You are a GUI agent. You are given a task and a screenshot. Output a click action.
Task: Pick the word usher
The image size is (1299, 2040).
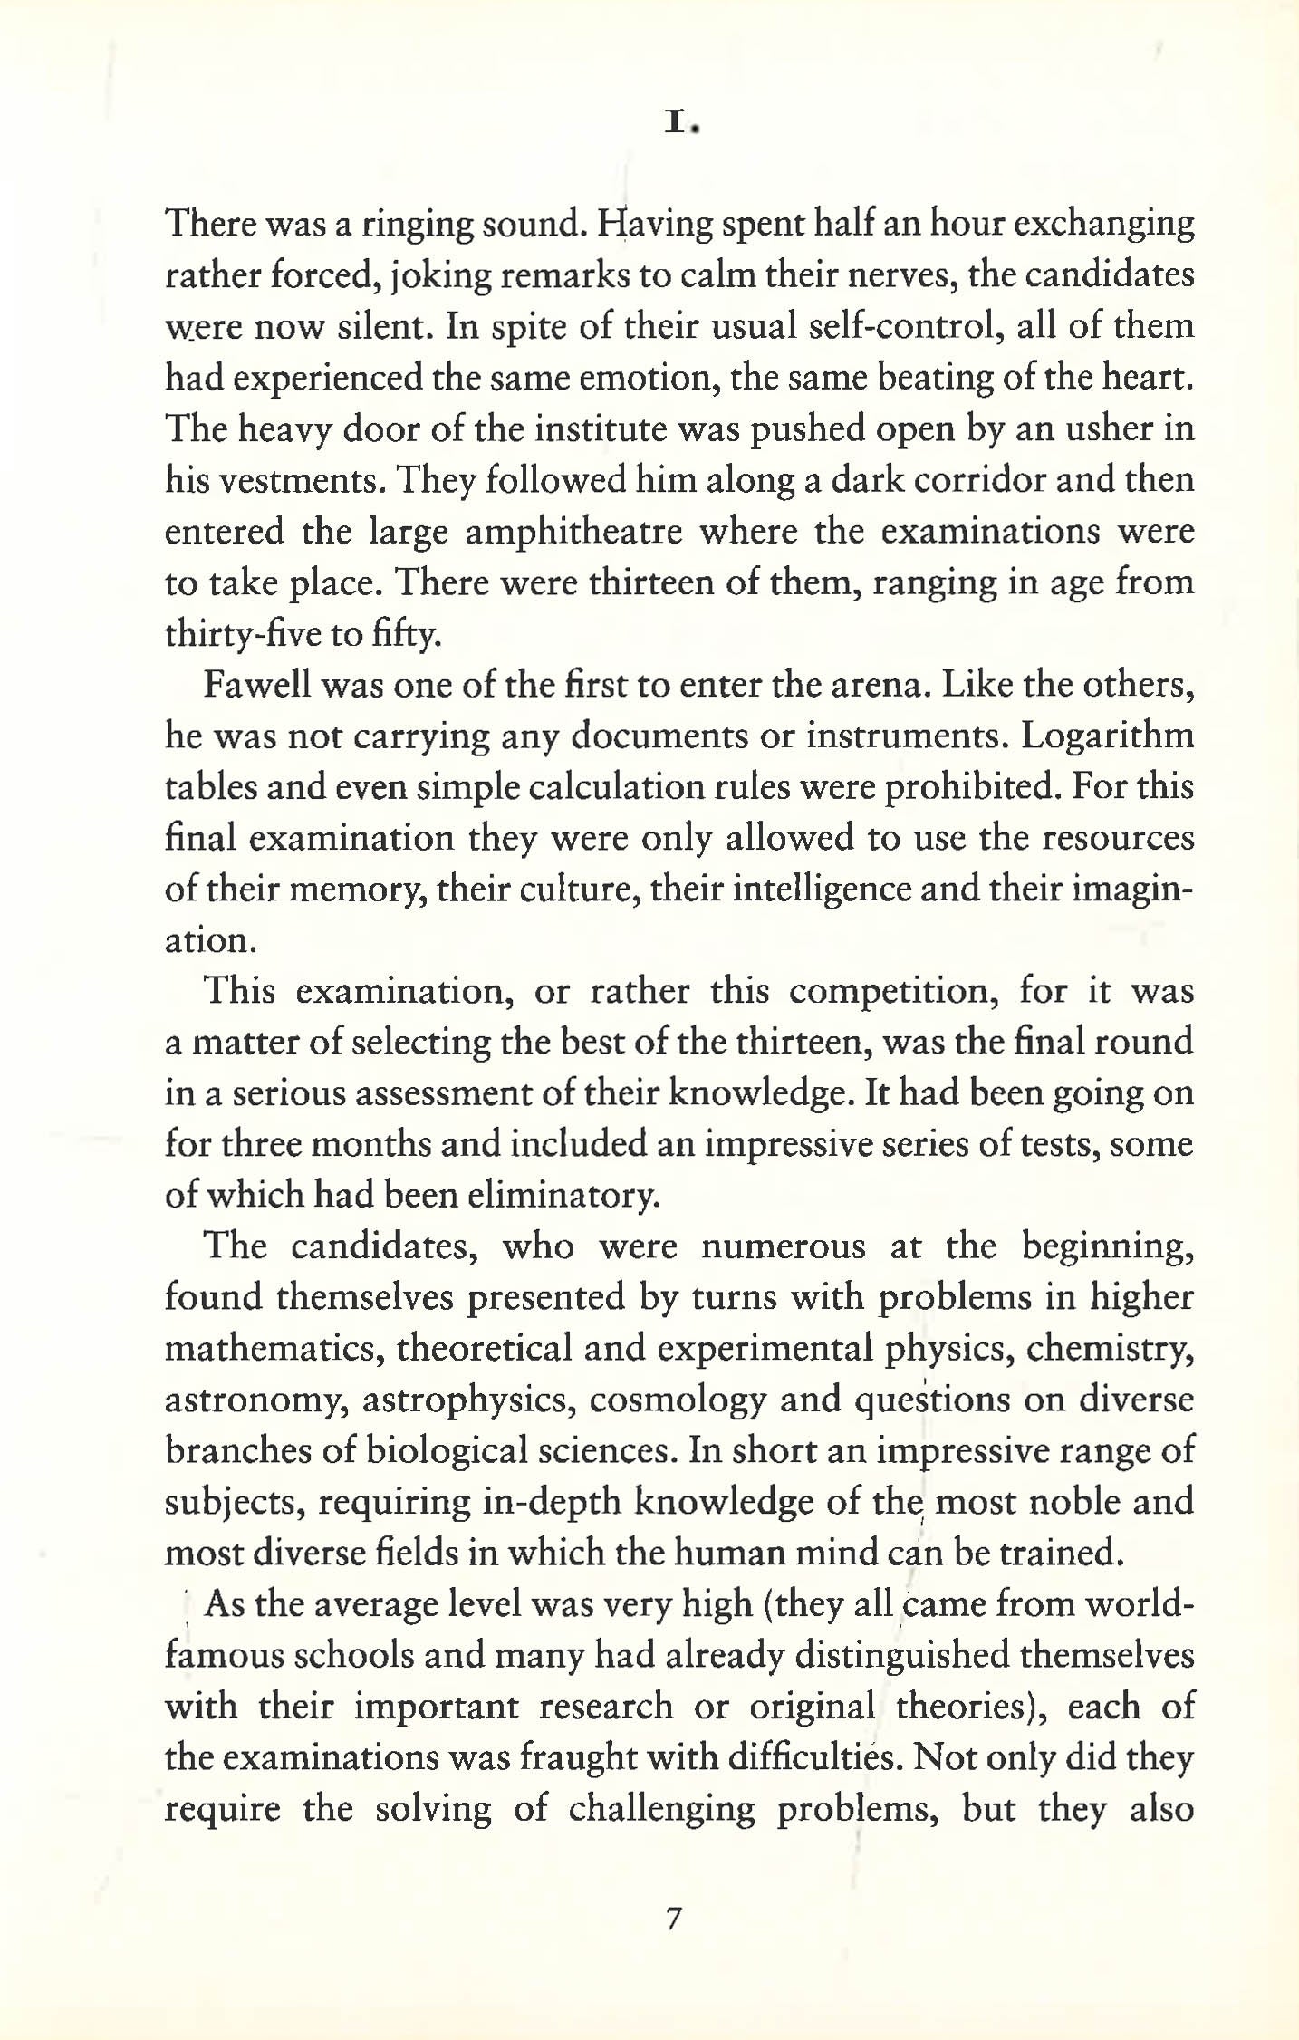tap(1105, 429)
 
